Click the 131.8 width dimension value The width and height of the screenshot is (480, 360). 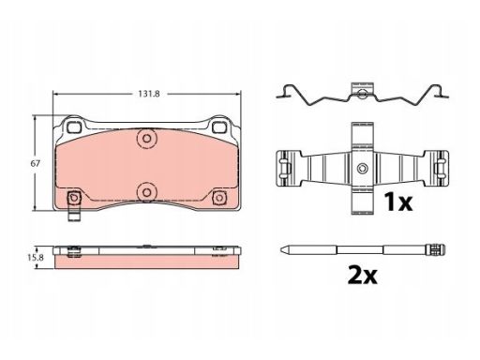point(149,94)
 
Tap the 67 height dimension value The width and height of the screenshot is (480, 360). point(36,163)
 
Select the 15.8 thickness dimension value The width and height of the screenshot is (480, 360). point(36,258)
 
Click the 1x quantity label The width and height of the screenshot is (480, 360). point(398,202)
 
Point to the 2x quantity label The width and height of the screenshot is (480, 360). point(363,275)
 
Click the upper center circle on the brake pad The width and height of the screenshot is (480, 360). point(146,139)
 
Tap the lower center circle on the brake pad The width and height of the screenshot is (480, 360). point(146,192)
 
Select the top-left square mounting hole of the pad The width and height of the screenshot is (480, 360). point(74,127)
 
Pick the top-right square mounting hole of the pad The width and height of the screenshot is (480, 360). point(218,127)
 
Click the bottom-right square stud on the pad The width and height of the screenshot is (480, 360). point(219,198)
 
